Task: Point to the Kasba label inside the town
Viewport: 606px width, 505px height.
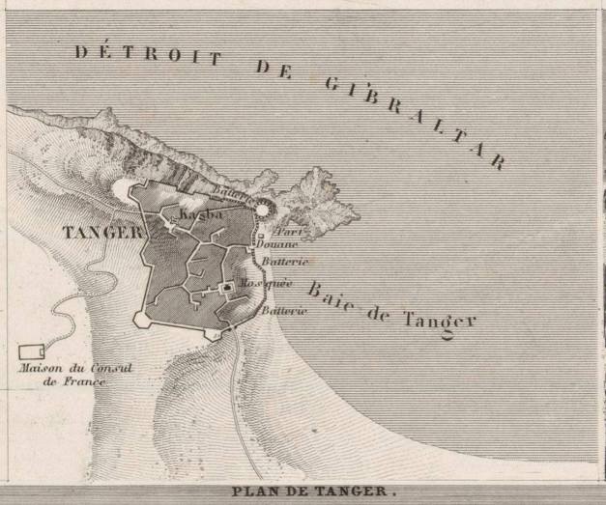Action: (202, 212)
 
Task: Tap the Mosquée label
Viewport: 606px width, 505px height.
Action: (262, 284)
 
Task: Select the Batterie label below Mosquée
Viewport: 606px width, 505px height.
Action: (283, 310)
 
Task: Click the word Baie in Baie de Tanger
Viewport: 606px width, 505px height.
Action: (327, 292)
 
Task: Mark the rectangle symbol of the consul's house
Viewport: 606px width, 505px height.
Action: (32, 351)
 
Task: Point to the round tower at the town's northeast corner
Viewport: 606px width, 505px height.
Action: (265, 208)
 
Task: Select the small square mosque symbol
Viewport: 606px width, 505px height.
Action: (228, 287)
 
